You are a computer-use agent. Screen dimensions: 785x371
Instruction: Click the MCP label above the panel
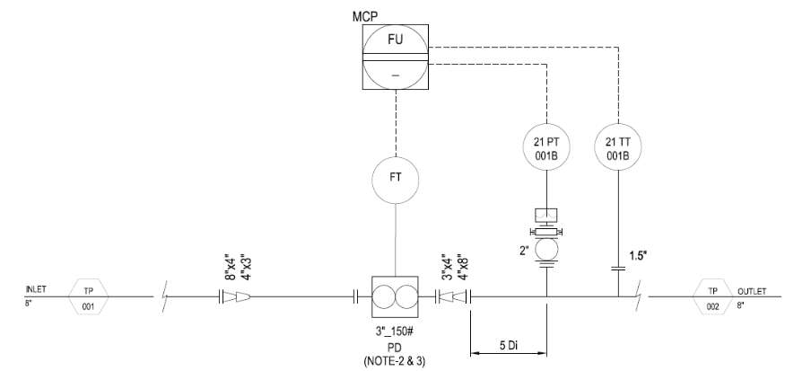click(365, 16)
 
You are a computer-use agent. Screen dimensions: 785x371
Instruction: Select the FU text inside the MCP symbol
click(396, 40)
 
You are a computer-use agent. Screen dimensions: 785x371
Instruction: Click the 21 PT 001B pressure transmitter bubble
click(546, 146)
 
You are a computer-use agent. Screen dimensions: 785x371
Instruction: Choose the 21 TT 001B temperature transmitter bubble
click(618, 146)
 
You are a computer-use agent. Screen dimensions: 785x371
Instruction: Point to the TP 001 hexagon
click(88, 296)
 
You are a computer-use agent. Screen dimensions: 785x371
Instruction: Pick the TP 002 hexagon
click(713, 296)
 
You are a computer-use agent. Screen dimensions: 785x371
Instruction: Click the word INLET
click(36, 289)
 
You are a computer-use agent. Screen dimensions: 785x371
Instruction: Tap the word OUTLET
click(752, 291)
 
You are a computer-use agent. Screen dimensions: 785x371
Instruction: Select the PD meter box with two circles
click(396, 296)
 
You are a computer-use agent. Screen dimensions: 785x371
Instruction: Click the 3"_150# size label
click(396, 331)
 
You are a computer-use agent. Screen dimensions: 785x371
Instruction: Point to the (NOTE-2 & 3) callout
click(396, 361)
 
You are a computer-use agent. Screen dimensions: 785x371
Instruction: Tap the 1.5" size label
click(638, 256)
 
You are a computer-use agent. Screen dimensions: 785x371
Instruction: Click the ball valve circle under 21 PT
click(546, 249)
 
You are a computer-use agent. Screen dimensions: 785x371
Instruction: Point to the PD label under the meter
click(396, 347)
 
